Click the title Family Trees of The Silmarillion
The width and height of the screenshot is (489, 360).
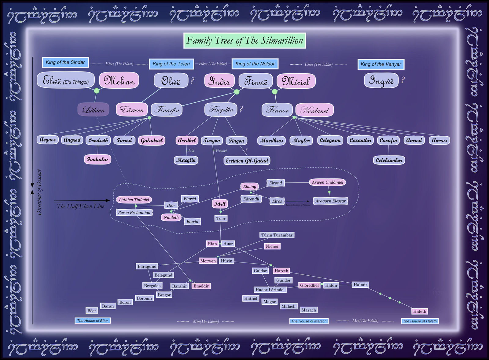(244, 41)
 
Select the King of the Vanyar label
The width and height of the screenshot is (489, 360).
(381, 64)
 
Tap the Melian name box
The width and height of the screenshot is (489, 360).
(119, 80)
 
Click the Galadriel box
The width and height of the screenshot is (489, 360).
(152, 140)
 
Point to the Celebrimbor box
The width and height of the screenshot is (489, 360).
(389, 160)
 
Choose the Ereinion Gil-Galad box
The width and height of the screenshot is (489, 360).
(247, 160)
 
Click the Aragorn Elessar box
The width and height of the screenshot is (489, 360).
(330, 201)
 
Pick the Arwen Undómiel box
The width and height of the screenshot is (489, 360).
(327, 182)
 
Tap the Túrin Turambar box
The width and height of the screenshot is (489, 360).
(277, 235)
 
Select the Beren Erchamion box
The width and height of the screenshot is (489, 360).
(134, 212)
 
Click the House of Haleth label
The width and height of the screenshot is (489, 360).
(420, 321)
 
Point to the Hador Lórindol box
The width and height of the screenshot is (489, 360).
(270, 289)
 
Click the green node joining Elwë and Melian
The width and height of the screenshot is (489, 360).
(97, 91)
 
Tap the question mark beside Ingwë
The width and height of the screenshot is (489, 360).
(403, 80)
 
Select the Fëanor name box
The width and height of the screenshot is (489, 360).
(277, 110)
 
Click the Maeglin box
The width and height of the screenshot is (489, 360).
(186, 160)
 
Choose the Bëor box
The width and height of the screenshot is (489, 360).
(92, 310)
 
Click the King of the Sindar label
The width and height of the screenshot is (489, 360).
(65, 62)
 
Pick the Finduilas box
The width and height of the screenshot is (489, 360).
(97, 159)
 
